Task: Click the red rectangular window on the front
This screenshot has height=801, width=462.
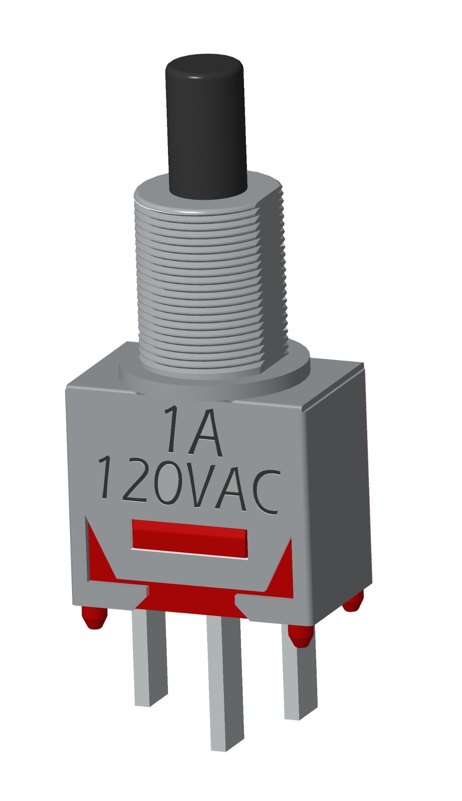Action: coord(190,538)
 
